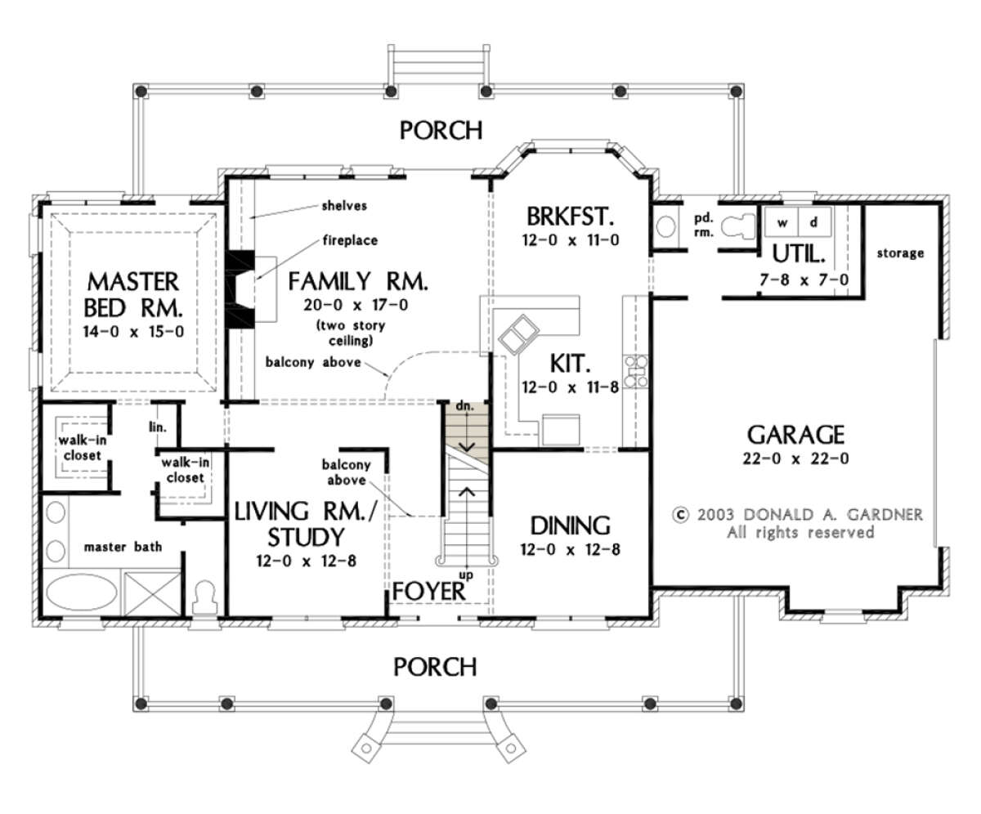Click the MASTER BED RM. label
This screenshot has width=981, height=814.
(x=133, y=295)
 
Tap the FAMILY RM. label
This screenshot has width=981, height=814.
(x=358, y=281)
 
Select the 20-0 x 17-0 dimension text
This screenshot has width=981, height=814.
(x=356, y=306)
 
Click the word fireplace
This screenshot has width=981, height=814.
(x=350, y=240)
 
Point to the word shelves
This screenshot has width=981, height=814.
(x=344, y=205)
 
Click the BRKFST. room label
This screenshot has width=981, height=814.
(x=571, y=217)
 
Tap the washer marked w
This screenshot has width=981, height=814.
(x=782, y=222)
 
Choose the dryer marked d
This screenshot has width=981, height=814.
(x=814, y=222)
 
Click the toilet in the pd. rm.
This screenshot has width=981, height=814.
(x=737, y=226)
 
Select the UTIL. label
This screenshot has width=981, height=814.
(x=799, y=254)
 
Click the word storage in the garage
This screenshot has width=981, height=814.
(x=900, y=253)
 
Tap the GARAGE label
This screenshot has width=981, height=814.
(x=796, y=435)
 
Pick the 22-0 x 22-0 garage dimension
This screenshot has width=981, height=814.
(x=796, y=458)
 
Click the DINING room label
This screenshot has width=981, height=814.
(x=571, y=526)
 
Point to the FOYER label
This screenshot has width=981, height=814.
(x=428, y=592)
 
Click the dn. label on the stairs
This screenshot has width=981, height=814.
(x=464, y=406)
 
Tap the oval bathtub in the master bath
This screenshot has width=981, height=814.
(x=82, y=592)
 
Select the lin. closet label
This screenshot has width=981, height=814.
(x=158, y=427)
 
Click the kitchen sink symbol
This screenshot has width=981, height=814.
(x=518, y=334)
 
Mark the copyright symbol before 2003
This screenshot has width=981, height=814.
(x=680, y=515)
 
